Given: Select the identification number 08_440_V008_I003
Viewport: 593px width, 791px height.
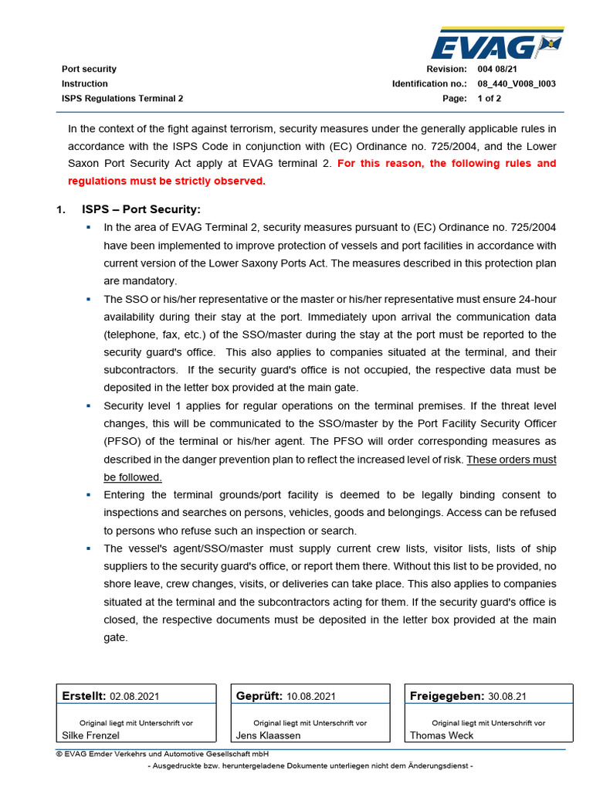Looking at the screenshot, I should coord(517,83).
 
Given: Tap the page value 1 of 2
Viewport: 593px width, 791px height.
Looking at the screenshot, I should coord(489,98).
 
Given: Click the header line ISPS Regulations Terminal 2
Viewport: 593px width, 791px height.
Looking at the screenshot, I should coord(122,98).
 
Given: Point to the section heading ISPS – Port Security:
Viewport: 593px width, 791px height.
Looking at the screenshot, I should coord(141,209).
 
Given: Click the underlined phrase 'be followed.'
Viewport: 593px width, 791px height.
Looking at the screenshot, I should coord(132,477).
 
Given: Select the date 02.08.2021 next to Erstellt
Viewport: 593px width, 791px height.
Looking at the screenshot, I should coord(134,696).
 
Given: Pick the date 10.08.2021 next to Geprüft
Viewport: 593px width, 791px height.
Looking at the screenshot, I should coord(310,696).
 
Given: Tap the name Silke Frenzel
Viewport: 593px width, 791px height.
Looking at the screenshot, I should coord(90,735).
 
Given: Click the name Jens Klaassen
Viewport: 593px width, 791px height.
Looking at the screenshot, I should coord(268,735).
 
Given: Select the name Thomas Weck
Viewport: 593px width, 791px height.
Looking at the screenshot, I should coord(442,735).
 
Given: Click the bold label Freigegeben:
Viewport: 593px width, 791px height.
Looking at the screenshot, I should coord(446,695).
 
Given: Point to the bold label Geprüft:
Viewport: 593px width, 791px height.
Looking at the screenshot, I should coord(259,695).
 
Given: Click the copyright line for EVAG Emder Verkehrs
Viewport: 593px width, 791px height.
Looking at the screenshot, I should coord(162,754).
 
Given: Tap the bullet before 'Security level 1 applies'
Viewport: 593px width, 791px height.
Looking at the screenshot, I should coord(88,406).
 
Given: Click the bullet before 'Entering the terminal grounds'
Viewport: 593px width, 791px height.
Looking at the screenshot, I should coord(88,494).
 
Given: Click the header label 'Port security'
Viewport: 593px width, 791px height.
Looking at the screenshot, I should coord(89,69).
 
